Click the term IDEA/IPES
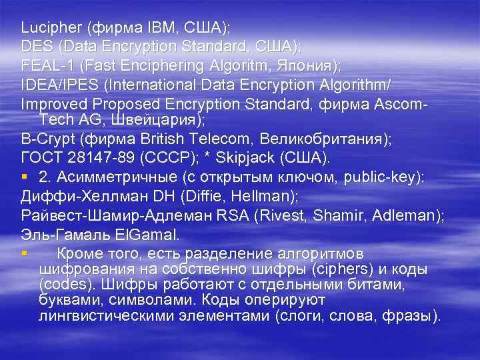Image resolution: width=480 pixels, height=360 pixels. click(x=61, y=86)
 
